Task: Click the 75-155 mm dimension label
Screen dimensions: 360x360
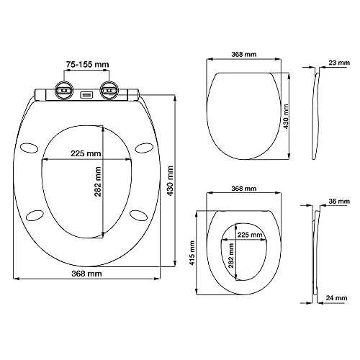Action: click(x=87, y=64)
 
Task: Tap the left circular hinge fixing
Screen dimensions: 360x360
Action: click(x=64, y=90)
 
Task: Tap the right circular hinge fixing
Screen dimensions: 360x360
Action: click(x=109, y=90)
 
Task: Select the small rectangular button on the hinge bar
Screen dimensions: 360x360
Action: click(x=86, y=95)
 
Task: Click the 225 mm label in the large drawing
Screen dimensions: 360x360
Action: click(x=86, y=153)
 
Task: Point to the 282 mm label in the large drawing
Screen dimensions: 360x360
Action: click(x=98, y=181)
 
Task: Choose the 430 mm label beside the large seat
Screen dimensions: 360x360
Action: click(x=170, y=181)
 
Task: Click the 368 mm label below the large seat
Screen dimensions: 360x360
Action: click(x=86, y=274)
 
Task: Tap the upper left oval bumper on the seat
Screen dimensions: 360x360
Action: click(x=29, y=148)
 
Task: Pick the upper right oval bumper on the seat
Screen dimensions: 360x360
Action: click(x=144, y=148)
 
